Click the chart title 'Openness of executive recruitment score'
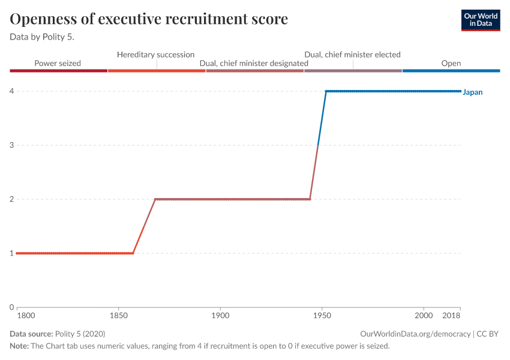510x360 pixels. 149,19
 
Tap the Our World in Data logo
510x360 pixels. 481,20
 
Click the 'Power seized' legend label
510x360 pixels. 58,63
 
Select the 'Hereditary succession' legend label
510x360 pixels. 155,55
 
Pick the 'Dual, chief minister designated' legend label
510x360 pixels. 254,63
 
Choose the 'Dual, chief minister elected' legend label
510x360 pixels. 352,55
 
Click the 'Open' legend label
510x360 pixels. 451,63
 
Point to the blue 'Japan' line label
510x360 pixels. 473,92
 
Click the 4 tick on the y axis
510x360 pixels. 11,91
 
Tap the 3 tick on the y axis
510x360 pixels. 11,145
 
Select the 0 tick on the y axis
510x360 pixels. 11,307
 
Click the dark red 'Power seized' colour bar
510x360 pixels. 58,71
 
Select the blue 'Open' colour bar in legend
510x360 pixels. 451,71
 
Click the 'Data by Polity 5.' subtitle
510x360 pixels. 46,37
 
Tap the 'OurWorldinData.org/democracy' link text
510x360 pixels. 415,334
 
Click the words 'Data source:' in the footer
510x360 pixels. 31,334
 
